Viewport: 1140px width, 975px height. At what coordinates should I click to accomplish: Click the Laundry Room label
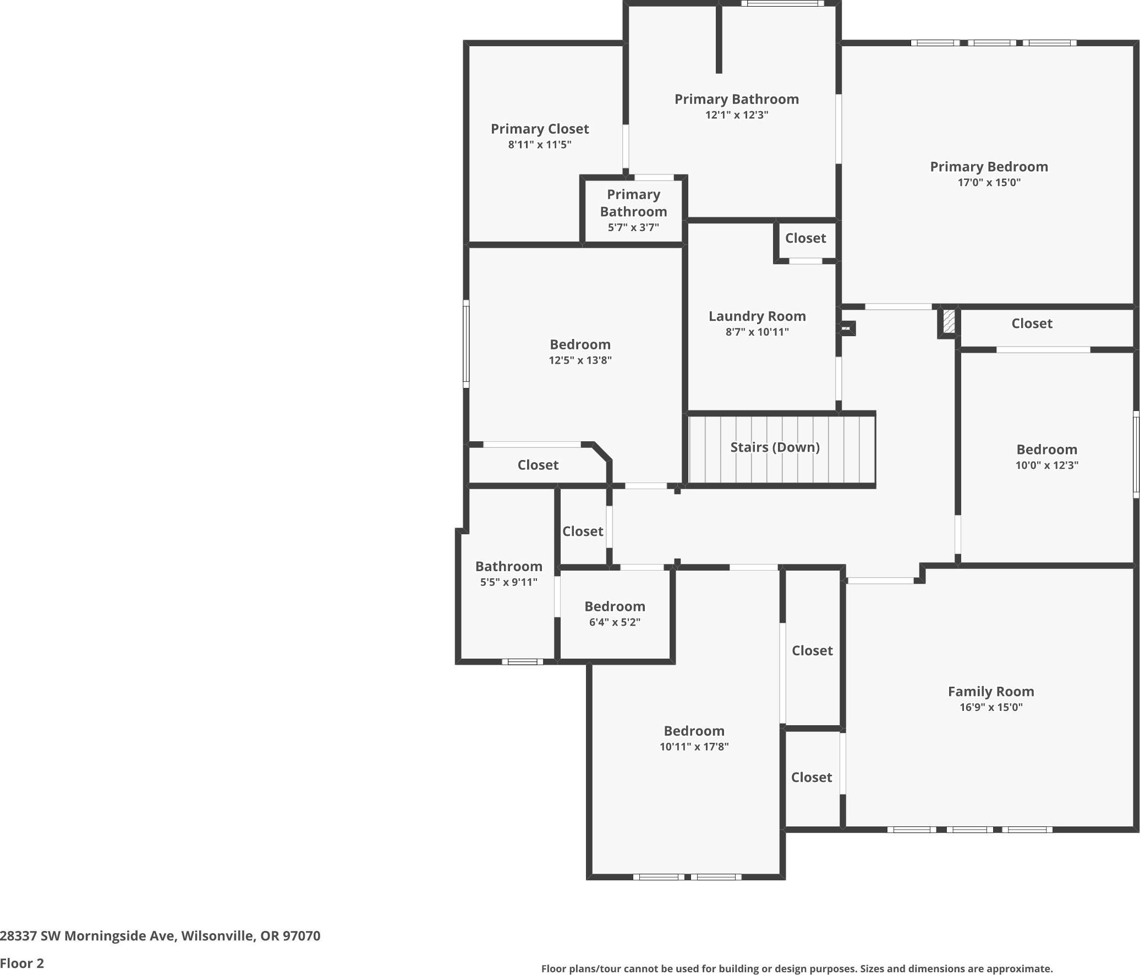[757, 316]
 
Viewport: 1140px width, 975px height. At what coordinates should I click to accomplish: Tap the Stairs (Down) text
[775, 447]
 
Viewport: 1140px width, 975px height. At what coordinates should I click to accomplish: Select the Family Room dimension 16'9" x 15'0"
[991, 707]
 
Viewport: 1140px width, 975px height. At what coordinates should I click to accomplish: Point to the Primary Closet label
[540, 129]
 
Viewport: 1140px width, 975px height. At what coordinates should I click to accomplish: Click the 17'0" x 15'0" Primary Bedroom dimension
[989, 182]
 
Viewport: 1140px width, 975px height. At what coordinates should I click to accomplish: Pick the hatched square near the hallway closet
[949, 321]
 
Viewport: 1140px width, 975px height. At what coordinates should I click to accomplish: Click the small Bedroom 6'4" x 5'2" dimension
[615, 622]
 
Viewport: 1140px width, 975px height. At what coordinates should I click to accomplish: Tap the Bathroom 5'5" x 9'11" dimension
[508, 582]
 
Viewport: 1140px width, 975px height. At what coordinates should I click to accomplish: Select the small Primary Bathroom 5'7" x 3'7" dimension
[633, 227]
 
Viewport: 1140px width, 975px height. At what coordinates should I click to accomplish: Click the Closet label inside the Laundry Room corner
[805, 238]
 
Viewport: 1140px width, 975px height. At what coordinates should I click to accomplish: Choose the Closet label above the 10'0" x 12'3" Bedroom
[1032, 324]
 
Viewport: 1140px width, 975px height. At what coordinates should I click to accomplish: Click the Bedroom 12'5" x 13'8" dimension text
[580, 360]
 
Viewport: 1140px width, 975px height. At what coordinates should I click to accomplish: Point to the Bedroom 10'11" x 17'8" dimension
[694, 746]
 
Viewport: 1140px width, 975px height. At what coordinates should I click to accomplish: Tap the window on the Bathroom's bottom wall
[522, 661]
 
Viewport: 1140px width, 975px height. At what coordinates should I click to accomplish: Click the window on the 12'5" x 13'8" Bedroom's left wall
[466, 344]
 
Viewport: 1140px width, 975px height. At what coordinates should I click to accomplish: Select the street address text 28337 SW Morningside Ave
[88, 935]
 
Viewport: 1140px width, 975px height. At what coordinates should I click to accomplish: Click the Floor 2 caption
[22, 963]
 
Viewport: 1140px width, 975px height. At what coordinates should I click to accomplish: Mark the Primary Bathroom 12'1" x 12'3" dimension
[737, 114]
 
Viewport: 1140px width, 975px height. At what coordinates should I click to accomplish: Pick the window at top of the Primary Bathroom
[782, 3]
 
